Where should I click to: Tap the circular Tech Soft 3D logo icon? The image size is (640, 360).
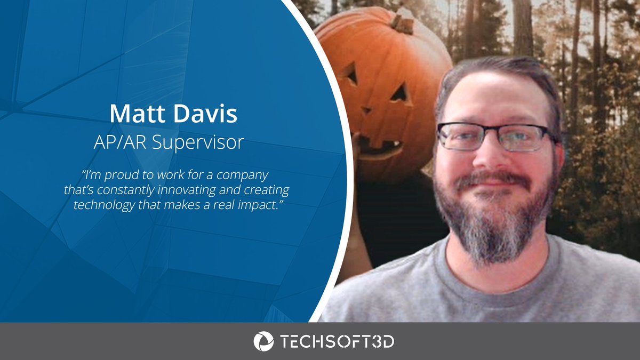click(263, 341)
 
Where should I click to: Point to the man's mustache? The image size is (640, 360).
click(493, 179)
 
